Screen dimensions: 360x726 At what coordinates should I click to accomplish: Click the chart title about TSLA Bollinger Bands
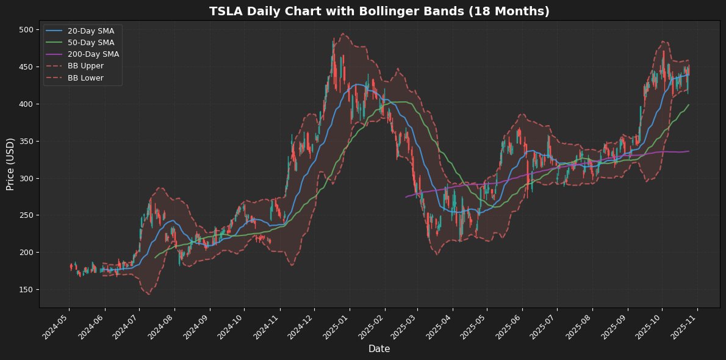click(x=379, y=12)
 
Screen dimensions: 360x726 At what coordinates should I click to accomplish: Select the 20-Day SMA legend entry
click(x=90, y=31)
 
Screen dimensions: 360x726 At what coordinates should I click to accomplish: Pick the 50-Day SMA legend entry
click(x=90, y=43)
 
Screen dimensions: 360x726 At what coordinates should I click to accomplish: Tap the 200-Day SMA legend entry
click(x=93, y=54)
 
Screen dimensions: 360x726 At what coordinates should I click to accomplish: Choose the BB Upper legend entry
click(x=85, y=66)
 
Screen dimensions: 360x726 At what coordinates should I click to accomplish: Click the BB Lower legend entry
click(x=85, y=77)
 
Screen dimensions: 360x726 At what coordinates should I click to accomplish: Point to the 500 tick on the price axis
click(x=26, y=30)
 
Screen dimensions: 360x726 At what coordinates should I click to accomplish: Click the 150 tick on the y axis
click(x=26, y=290)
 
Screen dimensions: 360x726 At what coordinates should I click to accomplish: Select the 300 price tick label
click(x=26, y=179)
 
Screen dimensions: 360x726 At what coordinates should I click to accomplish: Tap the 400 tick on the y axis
click(x=26, y=104)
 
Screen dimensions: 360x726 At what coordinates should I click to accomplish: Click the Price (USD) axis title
click(x=10, y=164)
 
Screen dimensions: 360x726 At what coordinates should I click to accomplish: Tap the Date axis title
click(x=379, y=349)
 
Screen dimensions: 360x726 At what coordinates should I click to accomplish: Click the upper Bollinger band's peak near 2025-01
click(x=343, y=34)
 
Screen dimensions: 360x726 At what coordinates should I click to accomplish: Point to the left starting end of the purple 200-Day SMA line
click(x=406, y=196)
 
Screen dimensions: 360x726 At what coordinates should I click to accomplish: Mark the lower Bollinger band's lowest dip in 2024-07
click(x=148, y=294)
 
